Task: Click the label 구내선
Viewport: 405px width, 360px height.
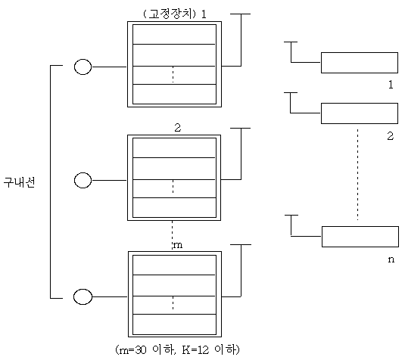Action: click(19, 182)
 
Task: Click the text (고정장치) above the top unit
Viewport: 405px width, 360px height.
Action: click(170, 14)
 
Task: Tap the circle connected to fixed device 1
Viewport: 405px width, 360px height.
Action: click(83, 67)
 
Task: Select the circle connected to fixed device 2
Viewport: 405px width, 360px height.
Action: click(83, 180)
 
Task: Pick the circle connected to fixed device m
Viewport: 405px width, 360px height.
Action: click(83, 296)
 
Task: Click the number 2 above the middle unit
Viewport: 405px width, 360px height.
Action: click(178, 128)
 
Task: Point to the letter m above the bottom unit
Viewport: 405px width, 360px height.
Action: click(178, 245)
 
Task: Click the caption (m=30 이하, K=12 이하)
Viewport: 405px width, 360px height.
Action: click(177, 350)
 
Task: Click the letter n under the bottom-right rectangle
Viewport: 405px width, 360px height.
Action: click(391, 259)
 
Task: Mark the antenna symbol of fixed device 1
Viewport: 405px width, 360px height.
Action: click(241, 40)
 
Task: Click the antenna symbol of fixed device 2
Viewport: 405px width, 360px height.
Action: click(241, 154)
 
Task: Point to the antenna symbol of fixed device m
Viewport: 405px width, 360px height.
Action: click(241, 271)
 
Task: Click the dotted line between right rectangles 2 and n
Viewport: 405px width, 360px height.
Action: click(358, 175)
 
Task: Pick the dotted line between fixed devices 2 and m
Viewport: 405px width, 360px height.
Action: click(173, 235)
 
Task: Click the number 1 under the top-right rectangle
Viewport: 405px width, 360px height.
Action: click(391, 85)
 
